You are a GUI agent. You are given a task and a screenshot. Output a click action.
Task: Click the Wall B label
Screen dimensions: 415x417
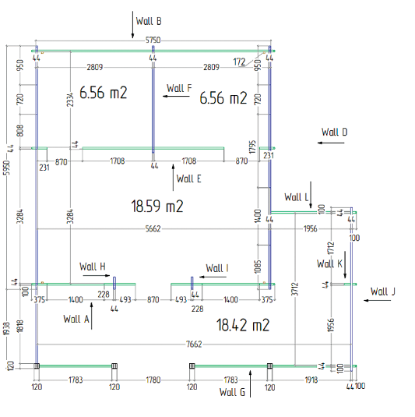[x=149, y=21]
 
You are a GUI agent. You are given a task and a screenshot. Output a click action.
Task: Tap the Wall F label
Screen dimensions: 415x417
[x=179, y=88]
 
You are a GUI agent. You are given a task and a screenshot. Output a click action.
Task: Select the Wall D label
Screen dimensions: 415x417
[x=334, y=132]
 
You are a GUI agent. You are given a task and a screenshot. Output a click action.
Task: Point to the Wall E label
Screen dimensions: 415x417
[x=188, y=178]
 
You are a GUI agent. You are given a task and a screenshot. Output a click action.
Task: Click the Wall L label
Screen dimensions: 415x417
[x=296, y=197]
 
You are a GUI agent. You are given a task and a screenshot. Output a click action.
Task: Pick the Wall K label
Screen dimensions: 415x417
[x=329, y=263]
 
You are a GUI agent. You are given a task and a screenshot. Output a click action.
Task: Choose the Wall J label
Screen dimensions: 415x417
[x=383, y=292]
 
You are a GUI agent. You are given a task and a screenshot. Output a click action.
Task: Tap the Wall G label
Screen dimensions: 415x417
[x=232, y=392]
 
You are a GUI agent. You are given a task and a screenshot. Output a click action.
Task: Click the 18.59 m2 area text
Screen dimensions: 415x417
[x=157, y=206]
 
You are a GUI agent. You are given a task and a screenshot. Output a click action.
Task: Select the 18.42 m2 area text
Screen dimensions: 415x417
[x=243, y=325]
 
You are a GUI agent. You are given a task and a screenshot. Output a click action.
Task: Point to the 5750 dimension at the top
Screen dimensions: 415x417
[x=153, y=41]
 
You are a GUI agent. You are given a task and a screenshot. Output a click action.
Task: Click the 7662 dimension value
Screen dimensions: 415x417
[x=194, y=345]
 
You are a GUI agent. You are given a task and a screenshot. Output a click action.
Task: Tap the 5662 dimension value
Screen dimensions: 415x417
[x=153, y=228]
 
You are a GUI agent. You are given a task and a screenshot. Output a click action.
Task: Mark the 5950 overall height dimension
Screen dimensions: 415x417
[x=7, y=168]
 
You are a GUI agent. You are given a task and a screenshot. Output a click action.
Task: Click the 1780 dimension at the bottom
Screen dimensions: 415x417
[x=153, y=380]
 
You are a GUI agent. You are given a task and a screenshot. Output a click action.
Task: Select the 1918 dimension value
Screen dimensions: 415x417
[x=311, y=380]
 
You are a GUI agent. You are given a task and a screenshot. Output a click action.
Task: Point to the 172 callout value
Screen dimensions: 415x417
[x=239, y=62]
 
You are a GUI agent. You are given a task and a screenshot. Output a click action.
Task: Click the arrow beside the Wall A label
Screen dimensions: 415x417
[x=92, y=316]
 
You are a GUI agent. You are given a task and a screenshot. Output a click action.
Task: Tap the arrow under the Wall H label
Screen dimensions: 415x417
[x=97, y=275]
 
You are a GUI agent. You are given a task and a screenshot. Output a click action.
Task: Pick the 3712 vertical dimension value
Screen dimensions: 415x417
[x=295, y=289]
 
